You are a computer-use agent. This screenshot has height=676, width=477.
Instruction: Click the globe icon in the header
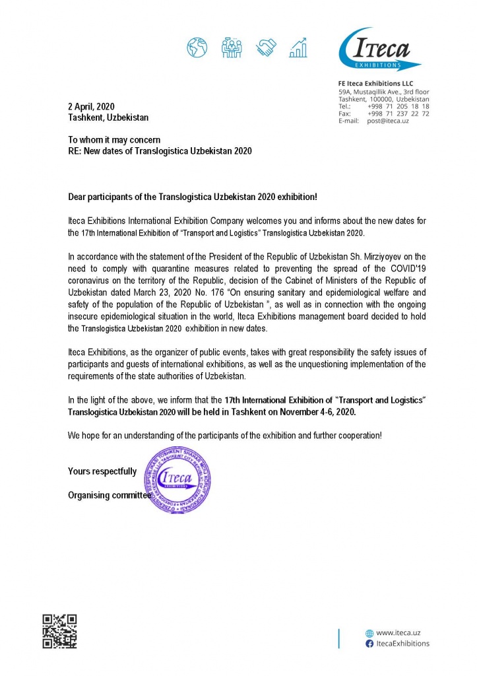coord(197,47)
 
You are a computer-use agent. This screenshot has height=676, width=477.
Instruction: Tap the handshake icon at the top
coord(267,47)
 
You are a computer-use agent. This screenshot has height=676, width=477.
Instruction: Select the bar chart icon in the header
coord(301,47)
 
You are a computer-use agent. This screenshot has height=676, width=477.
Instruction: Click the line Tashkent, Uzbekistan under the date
coord(108,118)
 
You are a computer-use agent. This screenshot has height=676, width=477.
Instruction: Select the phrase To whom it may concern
coord(114,140)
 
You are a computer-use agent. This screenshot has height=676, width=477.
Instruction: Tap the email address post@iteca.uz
coord(388,121)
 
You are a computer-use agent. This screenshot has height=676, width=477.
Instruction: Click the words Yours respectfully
coord(102,471)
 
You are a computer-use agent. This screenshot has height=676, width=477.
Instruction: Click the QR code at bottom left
coord(59,630)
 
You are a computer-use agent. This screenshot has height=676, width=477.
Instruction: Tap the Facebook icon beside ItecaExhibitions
coord(369,643)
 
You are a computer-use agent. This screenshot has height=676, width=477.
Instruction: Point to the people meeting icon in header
coord(232,47)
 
